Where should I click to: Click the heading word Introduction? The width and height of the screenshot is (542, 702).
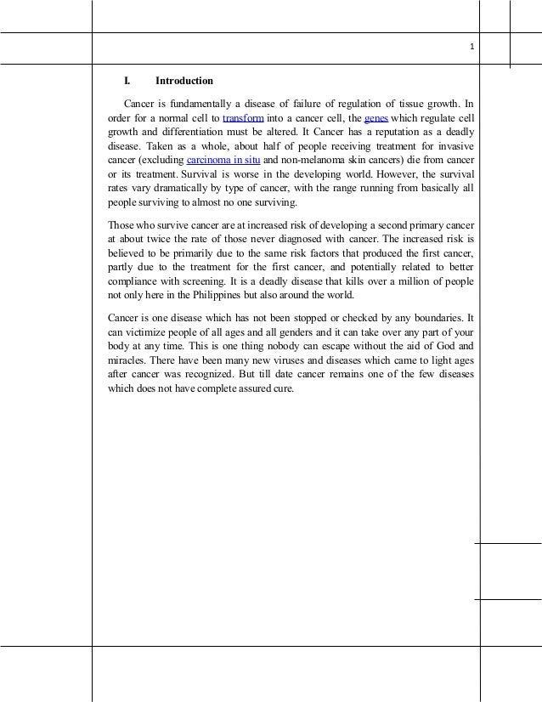183,82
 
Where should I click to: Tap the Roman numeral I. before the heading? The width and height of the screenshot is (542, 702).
127,82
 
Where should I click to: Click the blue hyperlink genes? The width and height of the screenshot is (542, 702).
375,118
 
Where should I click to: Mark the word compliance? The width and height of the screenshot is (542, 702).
131,281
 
